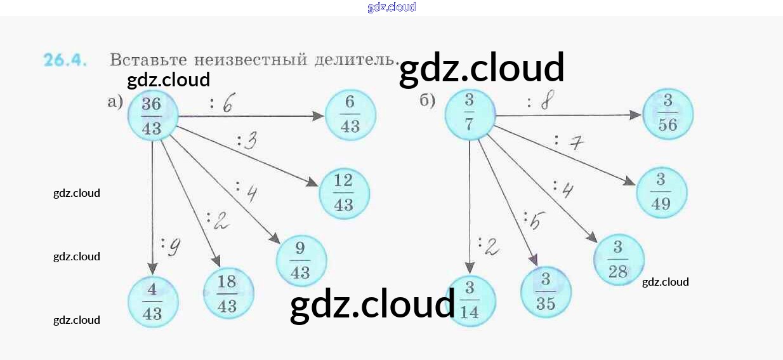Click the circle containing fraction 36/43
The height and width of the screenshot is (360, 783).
[x=152, y=116]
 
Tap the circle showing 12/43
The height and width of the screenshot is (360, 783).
[x=343, y=194]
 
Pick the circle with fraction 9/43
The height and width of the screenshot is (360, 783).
[x=301, y=262]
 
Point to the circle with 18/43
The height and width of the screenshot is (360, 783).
[x=228, y=293]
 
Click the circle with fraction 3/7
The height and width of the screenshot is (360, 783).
[x=470, y=114]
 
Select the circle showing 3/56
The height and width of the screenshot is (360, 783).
[x=668, y=114]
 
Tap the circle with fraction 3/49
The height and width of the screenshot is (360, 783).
[x=661, y=193]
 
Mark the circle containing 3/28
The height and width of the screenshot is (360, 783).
[x=619, y=260]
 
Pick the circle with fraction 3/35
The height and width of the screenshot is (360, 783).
[x=546, y=292]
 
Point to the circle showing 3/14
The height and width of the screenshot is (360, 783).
[x=470, y=300]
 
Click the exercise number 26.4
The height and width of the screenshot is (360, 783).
[x=65, y=60]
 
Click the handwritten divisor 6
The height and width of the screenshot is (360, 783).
[x=227, y=103]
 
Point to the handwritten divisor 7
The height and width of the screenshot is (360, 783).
[x=576, y=143]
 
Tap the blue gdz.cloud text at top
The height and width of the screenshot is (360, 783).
[x=391, y=7]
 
